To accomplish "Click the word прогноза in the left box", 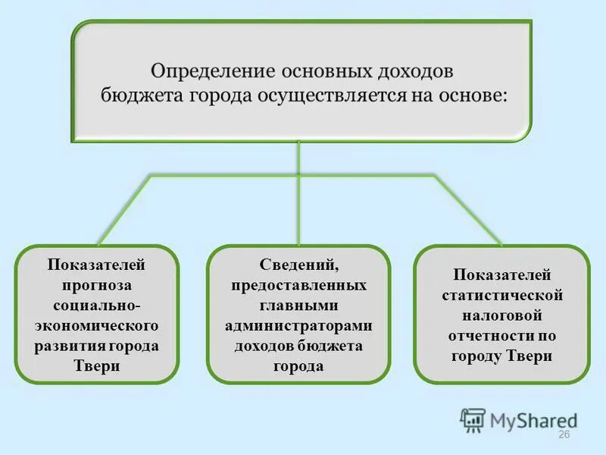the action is (x=97, y=286).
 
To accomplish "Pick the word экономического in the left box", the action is (x=97, y=325).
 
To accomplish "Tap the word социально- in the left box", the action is (x=97, y=306).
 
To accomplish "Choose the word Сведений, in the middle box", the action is (x=298, y=265).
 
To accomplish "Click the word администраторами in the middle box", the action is (x=298, y=325).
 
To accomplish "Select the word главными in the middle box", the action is (x=298, y=306).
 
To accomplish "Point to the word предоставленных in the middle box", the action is (x=298, y=286).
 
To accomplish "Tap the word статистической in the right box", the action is (x=501, y=294).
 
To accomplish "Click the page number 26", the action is (x=564, y=435).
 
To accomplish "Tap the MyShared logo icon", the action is (x=473, y=419).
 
